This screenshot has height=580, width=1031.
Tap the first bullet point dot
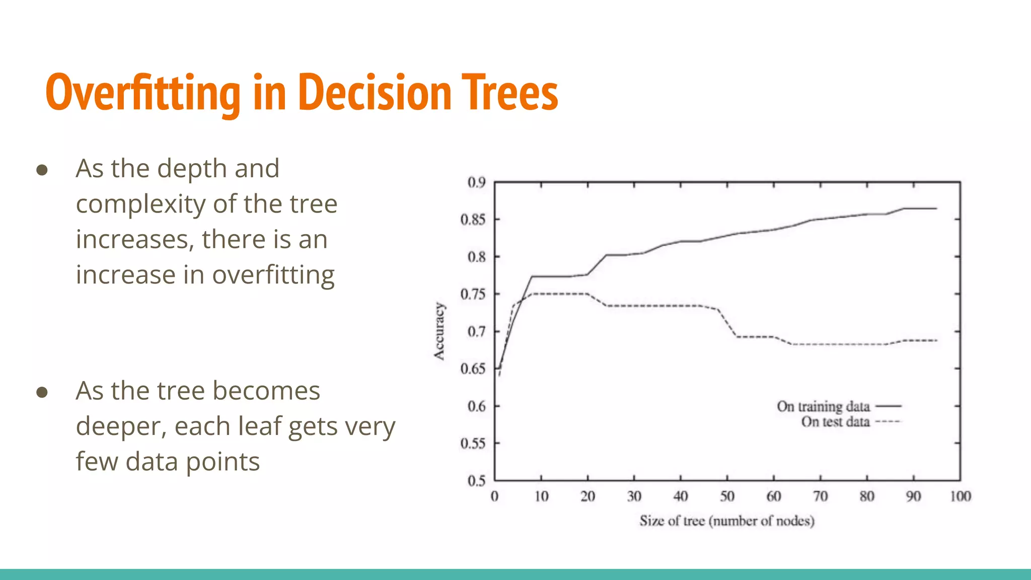(x=42, y=170)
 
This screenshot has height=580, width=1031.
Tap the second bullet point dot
(x=42, y=392)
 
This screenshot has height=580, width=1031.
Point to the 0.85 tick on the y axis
(x=473, y=220)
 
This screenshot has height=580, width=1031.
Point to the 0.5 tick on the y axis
(x=476, y=481)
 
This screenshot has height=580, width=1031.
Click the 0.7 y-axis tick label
(x=476, y=332)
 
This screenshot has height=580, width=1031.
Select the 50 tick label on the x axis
(x=727, y=497)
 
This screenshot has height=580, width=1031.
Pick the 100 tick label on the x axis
(x=960, y=497)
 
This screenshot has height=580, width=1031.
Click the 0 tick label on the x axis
(x=494, y=497)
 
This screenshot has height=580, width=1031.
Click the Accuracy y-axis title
(x=439, y=331)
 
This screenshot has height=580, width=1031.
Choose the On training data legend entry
(x=824, y=406)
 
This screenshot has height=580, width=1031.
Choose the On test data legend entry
(x=836, y=422)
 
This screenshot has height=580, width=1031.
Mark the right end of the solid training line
(x=936, y=208)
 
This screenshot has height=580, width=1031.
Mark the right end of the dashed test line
(x=936, y=341)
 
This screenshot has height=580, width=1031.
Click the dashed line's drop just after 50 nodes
(x=728, y=323)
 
